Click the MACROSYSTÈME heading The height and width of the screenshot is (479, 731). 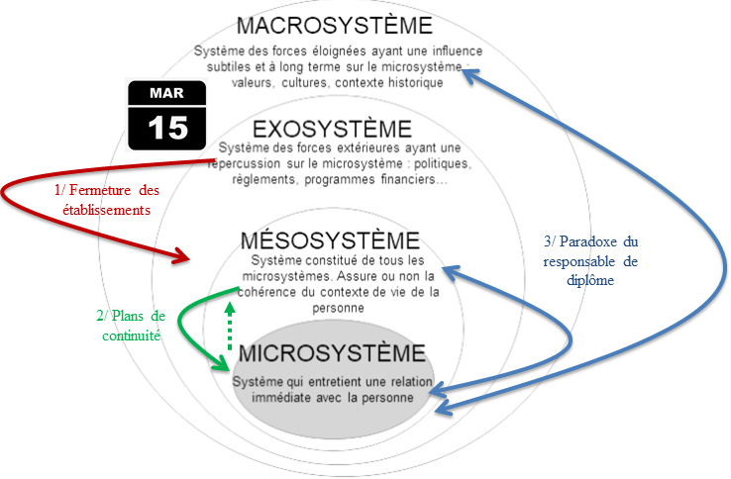point(334,25)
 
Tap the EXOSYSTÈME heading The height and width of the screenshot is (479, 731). point(332,129)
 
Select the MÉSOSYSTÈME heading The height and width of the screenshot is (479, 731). point(330,240)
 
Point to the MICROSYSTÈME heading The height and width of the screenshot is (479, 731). point(332,353)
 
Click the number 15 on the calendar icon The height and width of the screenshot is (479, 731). point(167,128)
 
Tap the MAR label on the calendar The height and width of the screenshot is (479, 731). point(166,93)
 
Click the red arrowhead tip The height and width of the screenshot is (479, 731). point(189,259)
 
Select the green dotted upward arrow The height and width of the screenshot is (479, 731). point(230,327)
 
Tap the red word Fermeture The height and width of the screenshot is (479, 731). point(100,190)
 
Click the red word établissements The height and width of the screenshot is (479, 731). point(106,210)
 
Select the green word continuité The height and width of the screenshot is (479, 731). point(131,335)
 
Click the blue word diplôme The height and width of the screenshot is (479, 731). point(590,280)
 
